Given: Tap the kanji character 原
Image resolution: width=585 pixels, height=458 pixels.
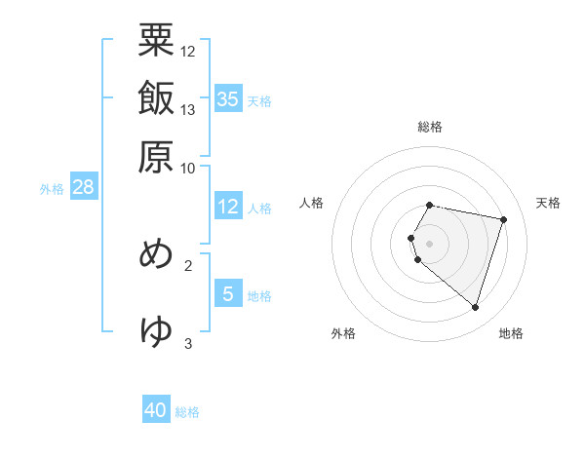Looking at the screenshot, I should pos(156,156).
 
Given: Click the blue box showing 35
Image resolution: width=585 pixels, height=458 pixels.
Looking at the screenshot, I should pos(228,98).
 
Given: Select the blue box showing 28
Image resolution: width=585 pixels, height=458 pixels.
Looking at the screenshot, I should pos(83,187).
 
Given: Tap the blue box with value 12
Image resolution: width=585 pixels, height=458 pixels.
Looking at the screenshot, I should pos(228,207).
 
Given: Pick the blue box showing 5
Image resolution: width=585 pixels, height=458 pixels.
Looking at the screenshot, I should pos(228,293).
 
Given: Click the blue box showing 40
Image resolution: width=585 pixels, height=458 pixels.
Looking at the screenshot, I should pos(156,410).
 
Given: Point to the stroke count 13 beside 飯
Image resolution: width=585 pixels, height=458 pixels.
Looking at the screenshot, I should pos(188,109).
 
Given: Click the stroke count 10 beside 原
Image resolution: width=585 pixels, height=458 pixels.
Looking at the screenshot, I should pos(188,168).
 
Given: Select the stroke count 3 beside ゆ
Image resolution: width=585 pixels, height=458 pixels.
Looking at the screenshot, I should pos(188,343).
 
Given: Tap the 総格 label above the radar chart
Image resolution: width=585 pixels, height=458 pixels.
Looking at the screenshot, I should pos(430,127).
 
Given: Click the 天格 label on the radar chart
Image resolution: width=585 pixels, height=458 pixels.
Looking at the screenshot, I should pos(548,203).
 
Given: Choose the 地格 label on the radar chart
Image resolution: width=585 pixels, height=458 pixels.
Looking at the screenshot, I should pos(511,333).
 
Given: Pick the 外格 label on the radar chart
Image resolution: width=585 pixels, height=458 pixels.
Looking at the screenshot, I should pos(343,333).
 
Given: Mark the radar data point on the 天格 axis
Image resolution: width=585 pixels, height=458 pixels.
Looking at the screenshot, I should pos(503,220).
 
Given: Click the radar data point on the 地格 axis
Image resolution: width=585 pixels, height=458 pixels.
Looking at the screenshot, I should pos(475,308).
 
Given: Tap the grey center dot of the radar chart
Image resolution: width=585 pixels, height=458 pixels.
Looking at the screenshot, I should pos(430,243).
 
